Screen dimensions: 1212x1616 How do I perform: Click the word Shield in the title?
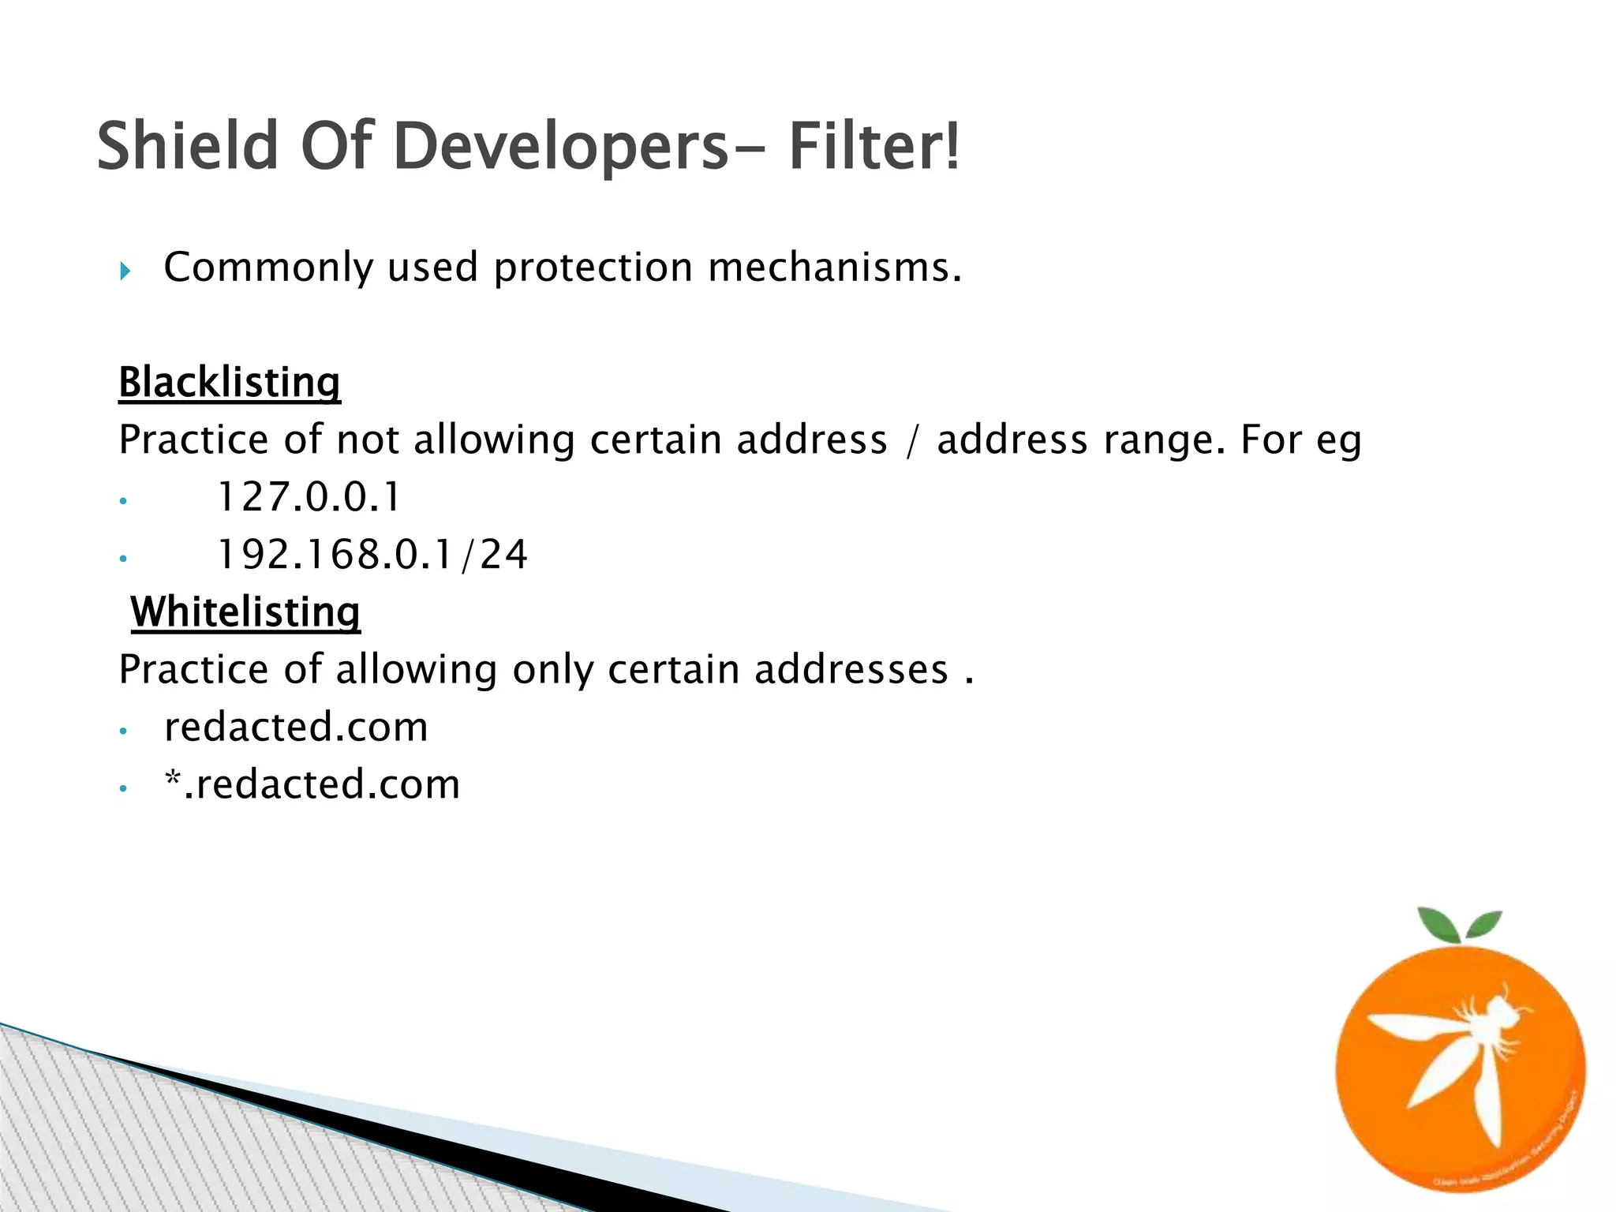click(x=188, y=146)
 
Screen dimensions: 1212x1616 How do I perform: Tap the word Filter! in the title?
click(x=874, y=146)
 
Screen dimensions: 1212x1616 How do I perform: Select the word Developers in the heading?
click(x=560, y=146)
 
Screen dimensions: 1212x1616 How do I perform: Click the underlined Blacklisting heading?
click(x=229, y=383)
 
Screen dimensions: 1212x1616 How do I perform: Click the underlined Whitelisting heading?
click(x=245, y=612)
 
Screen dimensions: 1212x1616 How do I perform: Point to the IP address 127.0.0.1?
click(x=309, y=497)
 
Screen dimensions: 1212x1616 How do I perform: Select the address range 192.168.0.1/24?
click(x=372, y=555)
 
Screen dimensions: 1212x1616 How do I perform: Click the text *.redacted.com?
click(x=312, y=784)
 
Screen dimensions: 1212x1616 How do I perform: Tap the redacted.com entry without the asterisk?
click(x=296, y=727)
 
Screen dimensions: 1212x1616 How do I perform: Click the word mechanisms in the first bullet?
click(x=835, y=267)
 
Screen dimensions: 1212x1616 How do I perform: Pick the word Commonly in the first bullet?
click(x=268, y=268)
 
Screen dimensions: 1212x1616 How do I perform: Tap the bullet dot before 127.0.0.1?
click(x=122, y=501)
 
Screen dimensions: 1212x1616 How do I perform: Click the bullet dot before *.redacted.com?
click(x=122, y=788)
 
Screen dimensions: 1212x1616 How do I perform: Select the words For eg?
click(x=1300, y=440)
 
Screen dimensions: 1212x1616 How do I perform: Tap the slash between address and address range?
click(x=912, y=440)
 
